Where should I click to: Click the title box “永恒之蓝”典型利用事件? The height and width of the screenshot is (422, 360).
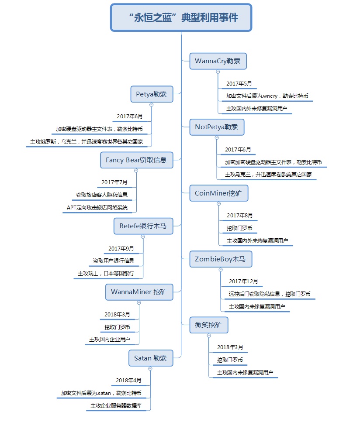[x=181, y=17]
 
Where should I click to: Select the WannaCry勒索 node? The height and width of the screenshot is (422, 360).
[x=218, y=61]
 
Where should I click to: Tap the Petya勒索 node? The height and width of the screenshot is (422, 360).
[x=151, y=94]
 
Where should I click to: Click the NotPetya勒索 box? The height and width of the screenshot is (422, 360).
[x=216, y=127]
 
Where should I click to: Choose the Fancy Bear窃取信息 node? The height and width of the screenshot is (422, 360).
[x=136, y=160]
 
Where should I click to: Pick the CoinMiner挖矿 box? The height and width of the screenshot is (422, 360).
[x=218, y=193]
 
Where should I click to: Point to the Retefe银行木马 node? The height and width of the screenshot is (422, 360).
[x=142, y=226]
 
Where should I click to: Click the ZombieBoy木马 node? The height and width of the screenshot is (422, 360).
[x=221, y=259]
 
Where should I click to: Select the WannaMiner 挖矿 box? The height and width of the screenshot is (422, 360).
[x=139, y=292]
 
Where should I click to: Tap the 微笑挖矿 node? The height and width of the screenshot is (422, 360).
[x=208, y=325]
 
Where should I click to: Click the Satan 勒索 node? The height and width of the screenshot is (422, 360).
[x=150, y=358]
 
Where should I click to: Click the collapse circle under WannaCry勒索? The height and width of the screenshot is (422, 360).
[x=218, y=72]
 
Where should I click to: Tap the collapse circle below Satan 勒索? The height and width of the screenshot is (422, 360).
[x=150, y=369]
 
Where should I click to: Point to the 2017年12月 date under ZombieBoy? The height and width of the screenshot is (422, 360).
[x=243, y=281]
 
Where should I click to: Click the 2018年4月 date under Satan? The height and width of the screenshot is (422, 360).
[x=128, y=381]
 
